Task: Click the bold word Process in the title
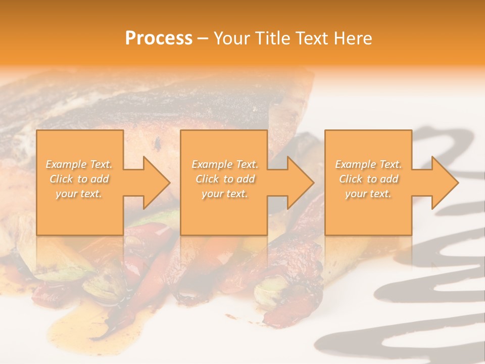159,38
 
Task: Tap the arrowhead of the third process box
444,183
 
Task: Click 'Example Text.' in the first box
79,164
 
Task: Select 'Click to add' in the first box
79,179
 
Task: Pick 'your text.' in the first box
79,194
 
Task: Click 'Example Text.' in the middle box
224,164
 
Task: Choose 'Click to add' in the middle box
224,179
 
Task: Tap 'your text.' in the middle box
224,194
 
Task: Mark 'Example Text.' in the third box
368,164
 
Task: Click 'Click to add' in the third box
368,179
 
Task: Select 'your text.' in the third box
368,194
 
